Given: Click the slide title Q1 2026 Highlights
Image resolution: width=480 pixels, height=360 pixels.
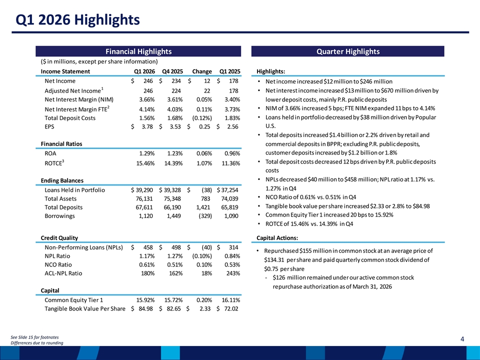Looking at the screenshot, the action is [78, 20].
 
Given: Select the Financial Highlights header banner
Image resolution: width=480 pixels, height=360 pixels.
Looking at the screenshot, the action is [138, 51].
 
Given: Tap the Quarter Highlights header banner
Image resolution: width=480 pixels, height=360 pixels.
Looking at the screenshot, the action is [348, 51].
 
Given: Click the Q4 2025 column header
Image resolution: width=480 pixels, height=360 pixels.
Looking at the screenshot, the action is [172, 71].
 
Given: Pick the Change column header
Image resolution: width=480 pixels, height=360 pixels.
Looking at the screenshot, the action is [202, 71].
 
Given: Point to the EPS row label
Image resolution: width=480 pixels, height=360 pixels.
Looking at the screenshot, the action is [49, 126].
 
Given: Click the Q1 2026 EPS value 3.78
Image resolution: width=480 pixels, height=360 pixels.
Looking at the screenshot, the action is [147, 126].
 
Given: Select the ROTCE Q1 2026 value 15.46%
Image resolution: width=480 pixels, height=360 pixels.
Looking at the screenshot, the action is [145, 163].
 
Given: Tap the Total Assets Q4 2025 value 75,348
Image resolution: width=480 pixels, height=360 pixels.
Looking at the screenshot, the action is [172, 198].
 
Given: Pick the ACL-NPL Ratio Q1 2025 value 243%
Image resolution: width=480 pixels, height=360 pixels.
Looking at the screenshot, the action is [233, 273].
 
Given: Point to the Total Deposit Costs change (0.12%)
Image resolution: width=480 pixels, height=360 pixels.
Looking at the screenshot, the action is [202, 118].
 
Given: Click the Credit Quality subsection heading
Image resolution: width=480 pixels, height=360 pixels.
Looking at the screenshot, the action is [59, 238].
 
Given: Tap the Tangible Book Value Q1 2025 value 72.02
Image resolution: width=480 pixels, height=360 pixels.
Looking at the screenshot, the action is [231, 308].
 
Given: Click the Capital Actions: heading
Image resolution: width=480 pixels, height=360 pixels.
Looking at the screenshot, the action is [277, 238].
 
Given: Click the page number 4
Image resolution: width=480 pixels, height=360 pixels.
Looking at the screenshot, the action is [462, 339].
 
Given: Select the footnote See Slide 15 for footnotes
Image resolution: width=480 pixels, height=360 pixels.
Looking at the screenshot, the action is [34, 337].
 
